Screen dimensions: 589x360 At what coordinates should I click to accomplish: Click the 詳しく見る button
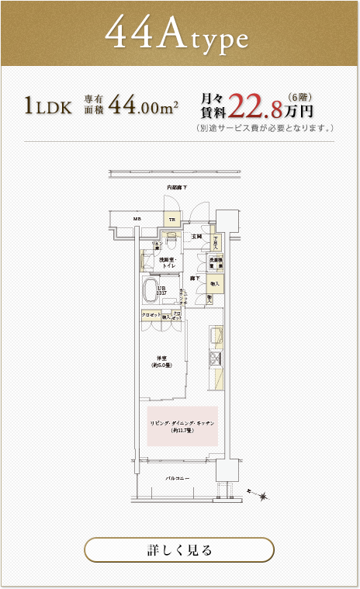[179, 549]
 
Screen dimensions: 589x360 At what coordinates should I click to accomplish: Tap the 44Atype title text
[177, 34]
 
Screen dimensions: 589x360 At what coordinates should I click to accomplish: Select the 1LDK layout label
[48, 106]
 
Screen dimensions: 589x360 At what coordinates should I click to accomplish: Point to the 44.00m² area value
[144, 105]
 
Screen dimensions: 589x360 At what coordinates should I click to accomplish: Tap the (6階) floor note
[299, 95]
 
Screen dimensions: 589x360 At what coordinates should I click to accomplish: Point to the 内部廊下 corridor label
[177, 189]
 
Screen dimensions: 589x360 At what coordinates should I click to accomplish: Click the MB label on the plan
[137, 219]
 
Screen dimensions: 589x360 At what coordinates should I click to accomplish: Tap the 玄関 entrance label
[197, 235]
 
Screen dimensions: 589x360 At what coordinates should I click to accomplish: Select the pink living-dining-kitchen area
[183, 426]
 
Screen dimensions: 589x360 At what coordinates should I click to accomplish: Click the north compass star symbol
[264, 495]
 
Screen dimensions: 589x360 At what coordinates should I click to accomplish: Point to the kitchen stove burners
[215, 358]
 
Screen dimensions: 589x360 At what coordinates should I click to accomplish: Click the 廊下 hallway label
[196, 277]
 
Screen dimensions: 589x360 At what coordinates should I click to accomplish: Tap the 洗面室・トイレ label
[169, 263]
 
